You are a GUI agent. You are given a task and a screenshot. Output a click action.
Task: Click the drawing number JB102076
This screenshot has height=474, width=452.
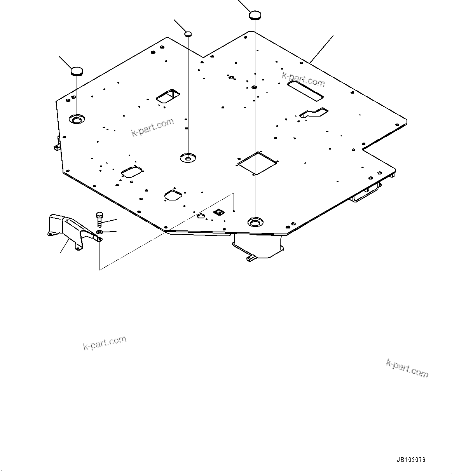(x=411, y=460)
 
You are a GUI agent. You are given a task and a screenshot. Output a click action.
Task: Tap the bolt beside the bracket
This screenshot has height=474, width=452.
(x=99, y=219)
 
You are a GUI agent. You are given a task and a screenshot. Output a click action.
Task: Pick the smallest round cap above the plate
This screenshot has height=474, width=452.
(x=188, y=34)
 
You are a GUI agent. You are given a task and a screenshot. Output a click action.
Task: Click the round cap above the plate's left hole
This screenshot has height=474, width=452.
(x=77, y=71)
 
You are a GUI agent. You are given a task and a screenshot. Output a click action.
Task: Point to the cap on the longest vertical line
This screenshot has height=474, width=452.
(x=255, y=15)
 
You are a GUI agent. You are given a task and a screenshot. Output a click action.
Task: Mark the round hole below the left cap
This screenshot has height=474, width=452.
(x=77, y=119)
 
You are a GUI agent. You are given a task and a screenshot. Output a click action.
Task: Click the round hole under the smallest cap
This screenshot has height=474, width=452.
(x=188, y=158)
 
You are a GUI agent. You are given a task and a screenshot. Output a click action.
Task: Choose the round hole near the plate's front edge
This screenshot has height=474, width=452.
(x=255, y=222)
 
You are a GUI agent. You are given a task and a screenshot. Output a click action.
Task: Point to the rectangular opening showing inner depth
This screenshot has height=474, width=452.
(x=168, y=96)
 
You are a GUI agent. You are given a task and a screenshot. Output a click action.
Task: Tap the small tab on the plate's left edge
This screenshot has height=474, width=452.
(x=57, y=146)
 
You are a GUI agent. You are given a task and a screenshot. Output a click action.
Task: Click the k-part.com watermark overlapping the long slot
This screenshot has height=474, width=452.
(x=303, y=80)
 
